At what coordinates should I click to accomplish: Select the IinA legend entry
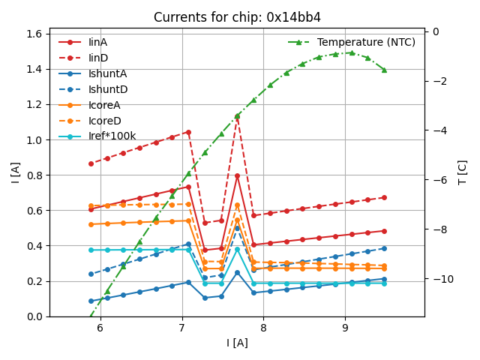click(x=97, y=42)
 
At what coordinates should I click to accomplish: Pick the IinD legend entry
click(x=97, y=58)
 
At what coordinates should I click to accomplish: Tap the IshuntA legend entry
click(x=107, y=73)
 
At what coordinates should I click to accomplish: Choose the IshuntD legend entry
click(x=107, y=89)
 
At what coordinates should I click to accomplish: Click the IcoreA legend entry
click(x=104, y=105)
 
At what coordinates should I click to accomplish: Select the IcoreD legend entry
click(x=104, y=121)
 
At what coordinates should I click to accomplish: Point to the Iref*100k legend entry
click(x=112, y=136)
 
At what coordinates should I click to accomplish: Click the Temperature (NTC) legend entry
click(x=366, y=42)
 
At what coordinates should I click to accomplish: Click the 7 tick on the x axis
click(x=182, y=328)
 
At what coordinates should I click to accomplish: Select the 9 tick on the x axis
click(x=345, y=328)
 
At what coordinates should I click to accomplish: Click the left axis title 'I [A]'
click(x=14, y=172)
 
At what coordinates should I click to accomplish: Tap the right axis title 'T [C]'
click(x=463, y=172)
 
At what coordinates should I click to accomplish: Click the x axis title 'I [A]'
click(x=237, y=343)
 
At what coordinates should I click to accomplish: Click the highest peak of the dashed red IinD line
click(x=237, y=115)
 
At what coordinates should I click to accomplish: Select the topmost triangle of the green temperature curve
click(x=351, y=52)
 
